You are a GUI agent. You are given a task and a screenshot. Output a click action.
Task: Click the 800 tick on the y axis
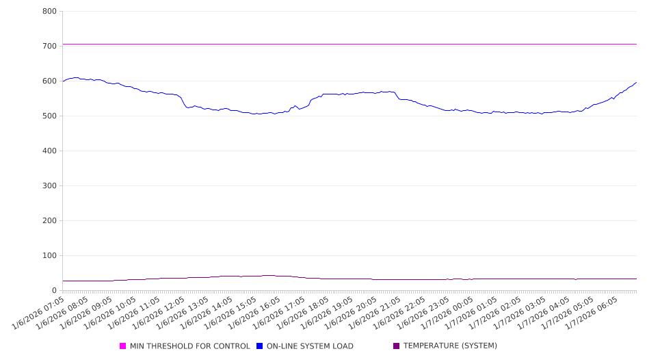point(49,12)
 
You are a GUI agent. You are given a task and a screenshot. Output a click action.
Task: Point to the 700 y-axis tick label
point(49,47)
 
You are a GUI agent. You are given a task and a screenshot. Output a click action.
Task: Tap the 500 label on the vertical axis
point(49,116)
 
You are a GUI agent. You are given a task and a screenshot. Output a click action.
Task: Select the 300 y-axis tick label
point(49,186)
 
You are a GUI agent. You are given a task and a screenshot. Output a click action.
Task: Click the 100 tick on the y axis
point(49,256)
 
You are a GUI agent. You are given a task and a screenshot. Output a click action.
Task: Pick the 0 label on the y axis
point(53,291)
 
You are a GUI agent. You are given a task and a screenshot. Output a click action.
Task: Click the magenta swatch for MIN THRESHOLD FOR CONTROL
point(123,346)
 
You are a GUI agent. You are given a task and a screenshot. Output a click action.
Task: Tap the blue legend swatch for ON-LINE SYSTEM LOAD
point(260,346)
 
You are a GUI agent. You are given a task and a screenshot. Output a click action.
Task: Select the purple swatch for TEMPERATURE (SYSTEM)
point(397,346)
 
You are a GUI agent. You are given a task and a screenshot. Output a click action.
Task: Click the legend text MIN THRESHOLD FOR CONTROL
point(189,346)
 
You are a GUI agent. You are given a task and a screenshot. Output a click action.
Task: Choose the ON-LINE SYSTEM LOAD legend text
point(310,346)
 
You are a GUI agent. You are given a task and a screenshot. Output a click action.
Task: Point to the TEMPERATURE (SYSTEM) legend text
point(450,346)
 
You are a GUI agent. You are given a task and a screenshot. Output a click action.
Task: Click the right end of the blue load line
point(636,83)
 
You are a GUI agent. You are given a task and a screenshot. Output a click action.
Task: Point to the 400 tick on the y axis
point(49,151)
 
